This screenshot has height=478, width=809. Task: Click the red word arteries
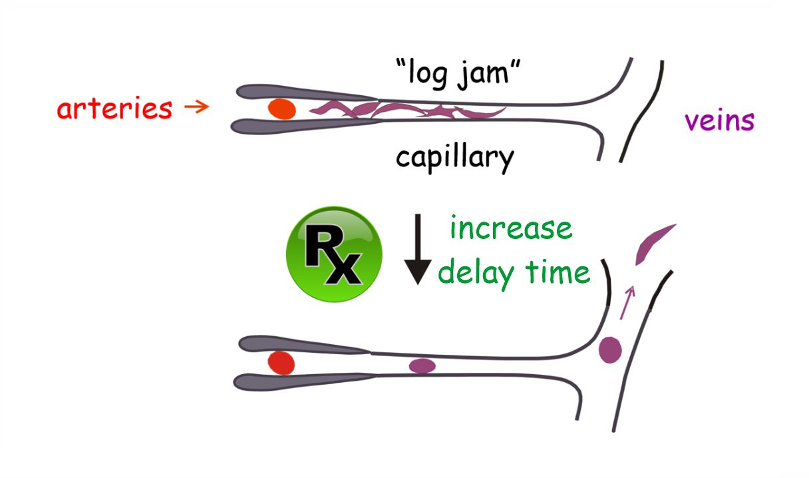coord(114,108)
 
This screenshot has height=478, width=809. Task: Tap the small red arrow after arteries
coord(196,106)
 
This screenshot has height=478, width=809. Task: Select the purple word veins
coord(719,121)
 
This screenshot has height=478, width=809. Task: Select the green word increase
coord(510,228)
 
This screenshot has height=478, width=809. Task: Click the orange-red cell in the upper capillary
coord(281,109)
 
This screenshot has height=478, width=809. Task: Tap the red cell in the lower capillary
coord(281,363)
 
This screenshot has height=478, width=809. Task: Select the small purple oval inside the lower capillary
coord(422,365)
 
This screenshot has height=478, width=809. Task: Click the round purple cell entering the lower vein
coord(609,350)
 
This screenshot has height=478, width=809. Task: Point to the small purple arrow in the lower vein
coord(627,302)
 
